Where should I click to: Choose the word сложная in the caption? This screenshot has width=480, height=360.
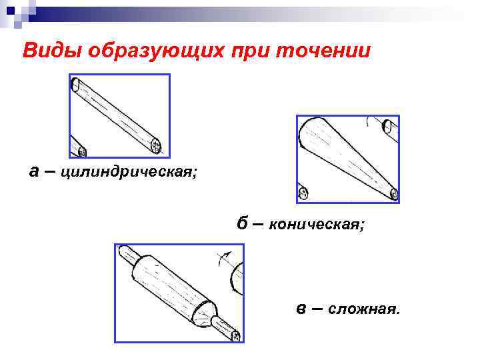click(x=364, y=309)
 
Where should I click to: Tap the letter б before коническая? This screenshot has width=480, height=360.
click(x=243, y=223)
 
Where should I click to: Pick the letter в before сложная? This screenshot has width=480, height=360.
click(x=301, y=309)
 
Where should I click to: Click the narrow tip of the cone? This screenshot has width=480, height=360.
click(x=393, y=194)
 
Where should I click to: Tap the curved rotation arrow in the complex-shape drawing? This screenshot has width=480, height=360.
click(x=226, y=259)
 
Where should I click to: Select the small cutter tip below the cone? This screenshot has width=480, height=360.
click(x=303, y=194)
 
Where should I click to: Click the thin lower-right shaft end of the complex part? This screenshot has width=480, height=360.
click(x=234, y=335)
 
